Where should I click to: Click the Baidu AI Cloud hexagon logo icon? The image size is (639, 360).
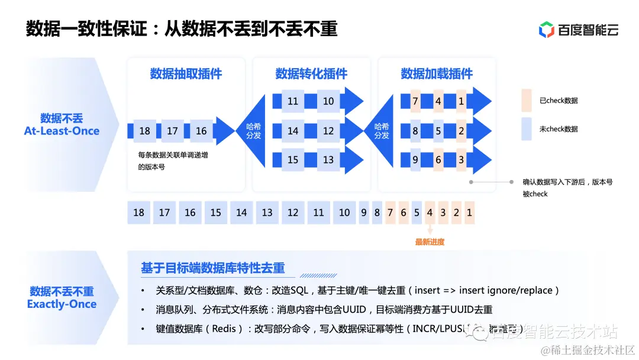(x=546, y=29)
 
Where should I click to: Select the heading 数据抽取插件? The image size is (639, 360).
(x=186, y=74)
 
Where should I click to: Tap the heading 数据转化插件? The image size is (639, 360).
(x=311, y=74)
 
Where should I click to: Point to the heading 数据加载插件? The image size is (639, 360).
(x=437, y=74)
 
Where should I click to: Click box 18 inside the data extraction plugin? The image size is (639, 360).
(x=145, y=131)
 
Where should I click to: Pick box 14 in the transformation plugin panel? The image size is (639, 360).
(x=293, y=131)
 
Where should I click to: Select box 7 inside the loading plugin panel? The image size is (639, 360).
(x=415, y=101)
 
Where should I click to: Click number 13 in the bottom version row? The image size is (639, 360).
(x=267, y=213)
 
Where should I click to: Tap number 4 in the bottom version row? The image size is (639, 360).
(x=430, y=213)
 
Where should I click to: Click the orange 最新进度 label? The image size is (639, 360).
(x=430, y=242)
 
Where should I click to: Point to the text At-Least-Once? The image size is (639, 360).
(x=62, y=131)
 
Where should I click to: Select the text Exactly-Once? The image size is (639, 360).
(x=62, y=304)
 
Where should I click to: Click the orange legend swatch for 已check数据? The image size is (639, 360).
(x=527, y=101)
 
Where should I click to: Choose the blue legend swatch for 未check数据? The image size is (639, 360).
(x=527, y=129)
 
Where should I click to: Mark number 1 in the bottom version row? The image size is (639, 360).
(x=469, y=213)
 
